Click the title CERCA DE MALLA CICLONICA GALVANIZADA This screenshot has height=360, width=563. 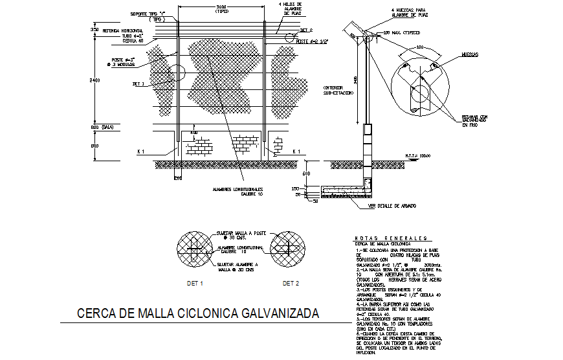click(x=198, y=314)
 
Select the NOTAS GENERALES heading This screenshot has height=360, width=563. click(x=391, y=238)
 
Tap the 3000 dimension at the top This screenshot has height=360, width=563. click(x=221, y=7)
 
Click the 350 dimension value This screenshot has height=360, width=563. click(x=94, y=30)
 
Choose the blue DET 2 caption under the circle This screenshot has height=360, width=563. click(x=291, y=284)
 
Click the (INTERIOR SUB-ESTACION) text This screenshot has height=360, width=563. click(x=338, y=90)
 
